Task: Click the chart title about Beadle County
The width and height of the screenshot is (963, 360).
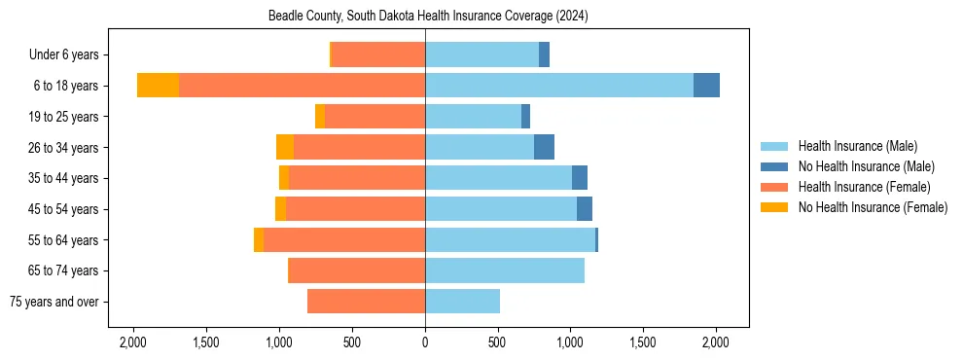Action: [x=428, y=17]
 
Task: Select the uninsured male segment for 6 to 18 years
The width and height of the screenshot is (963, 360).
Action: [x=706, y=86]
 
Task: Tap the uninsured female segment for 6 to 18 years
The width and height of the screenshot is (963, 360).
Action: [x=158, y=86]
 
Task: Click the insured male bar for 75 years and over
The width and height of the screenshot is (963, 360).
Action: [x=462, y=302]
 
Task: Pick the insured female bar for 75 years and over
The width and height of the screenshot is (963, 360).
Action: [x=366, y=302]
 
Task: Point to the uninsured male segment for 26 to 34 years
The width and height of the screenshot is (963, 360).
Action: [x=544, y=147]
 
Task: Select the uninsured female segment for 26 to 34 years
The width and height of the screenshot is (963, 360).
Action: [x=285, y=147]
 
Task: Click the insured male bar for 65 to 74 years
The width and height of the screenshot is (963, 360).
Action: [x=505, y=270]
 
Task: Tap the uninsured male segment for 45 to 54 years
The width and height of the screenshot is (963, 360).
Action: [x=585, y=209]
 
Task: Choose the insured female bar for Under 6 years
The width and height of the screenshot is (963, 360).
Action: [x=378, y=54]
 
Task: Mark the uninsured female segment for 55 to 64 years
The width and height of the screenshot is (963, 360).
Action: [x=259, y=239]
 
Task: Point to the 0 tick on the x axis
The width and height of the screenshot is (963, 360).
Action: [x=425, y=342]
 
